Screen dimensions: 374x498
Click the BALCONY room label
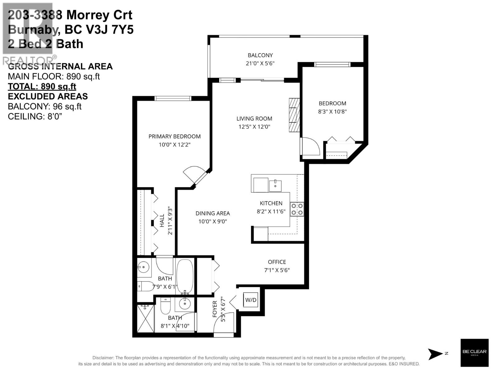pyautogui.click(x=260, y=55)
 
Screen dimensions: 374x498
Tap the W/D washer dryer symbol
pyautogui.click(x=251, y=300)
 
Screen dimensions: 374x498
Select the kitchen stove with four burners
pyautogui.click(x=297, y=209)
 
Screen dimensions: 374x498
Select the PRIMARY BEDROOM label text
pyautogui.click(x=174, y=136)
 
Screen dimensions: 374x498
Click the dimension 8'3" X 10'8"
pyautogui.click(x=332, y=112)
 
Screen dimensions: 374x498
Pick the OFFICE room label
pyautogui.click(x=277, y=262)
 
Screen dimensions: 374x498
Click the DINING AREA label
pyautogui.click(x=213, y=213)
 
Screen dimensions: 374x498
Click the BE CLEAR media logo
pyautogui.click(x=474, y=352)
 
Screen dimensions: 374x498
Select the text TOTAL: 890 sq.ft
pyautogui.click(x=42, y=86)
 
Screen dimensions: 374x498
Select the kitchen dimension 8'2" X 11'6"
pyautogui.click(x=271, y=211)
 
